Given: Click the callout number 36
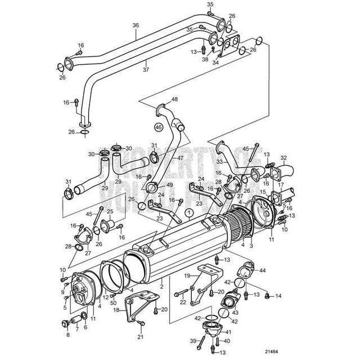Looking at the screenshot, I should (135, 25).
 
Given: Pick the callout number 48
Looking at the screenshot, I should (174, 100).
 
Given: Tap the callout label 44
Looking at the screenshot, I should (262, 271).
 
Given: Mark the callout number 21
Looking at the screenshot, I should (141, 337).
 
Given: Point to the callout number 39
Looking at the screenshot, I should (191, 341).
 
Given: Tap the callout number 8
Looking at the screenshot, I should (68, 335).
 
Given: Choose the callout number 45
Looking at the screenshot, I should (88, 214).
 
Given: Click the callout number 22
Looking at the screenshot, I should (182, 303).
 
